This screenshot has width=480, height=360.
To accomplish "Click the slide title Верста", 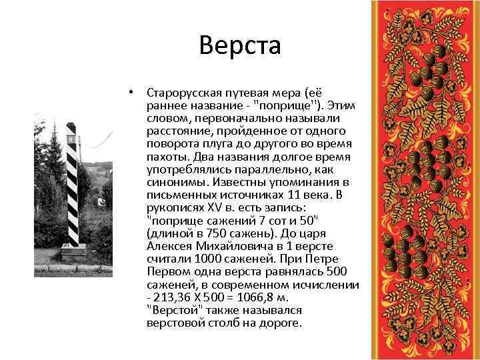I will tap(240, 46).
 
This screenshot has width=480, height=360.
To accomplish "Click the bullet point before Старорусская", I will tap(133, 91).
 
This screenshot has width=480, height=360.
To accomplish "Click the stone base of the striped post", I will tap(74, 251).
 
